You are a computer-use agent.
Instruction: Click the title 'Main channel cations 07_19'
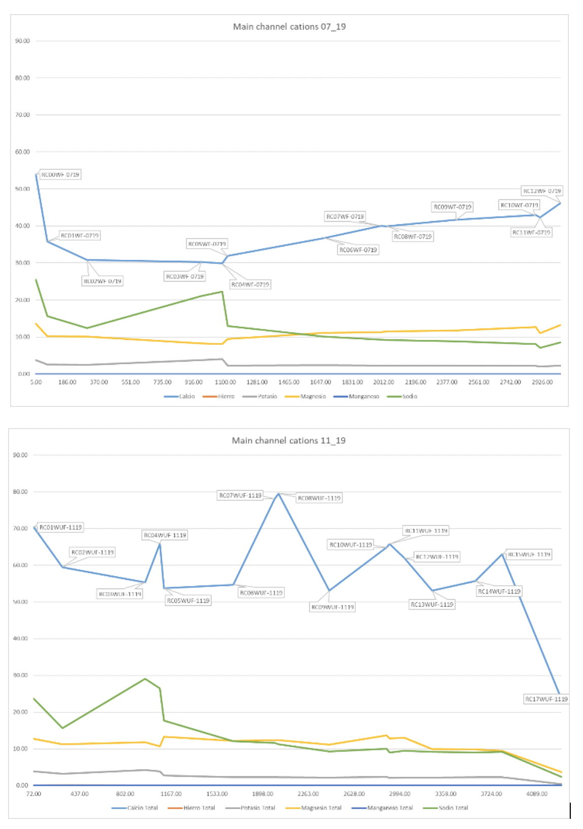coord(289,26)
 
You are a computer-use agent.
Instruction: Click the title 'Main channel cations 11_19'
coord(288,440)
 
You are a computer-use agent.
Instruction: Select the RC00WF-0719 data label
coord(60,175)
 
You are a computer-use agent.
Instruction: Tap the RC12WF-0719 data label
coord(542,191)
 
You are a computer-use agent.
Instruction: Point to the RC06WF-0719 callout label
coord(358,250)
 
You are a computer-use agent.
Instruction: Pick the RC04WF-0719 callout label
coord(250,285)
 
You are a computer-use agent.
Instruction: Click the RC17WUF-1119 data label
coord(546,699)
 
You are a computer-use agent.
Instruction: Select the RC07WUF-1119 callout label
coord(240,495)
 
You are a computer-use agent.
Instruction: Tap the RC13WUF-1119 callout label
coord(432,604)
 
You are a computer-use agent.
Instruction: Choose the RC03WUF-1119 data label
coord(120,594)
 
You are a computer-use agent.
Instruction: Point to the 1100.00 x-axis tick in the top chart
coord(225,382)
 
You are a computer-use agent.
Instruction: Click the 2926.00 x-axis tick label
coord(542,382)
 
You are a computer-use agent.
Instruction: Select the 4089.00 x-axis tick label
coord(537,793)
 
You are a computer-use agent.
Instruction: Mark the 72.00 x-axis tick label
coord(33,793)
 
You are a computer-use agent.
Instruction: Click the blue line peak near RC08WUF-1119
coord(278,493)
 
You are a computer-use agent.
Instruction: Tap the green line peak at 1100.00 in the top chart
coord(222,292)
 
